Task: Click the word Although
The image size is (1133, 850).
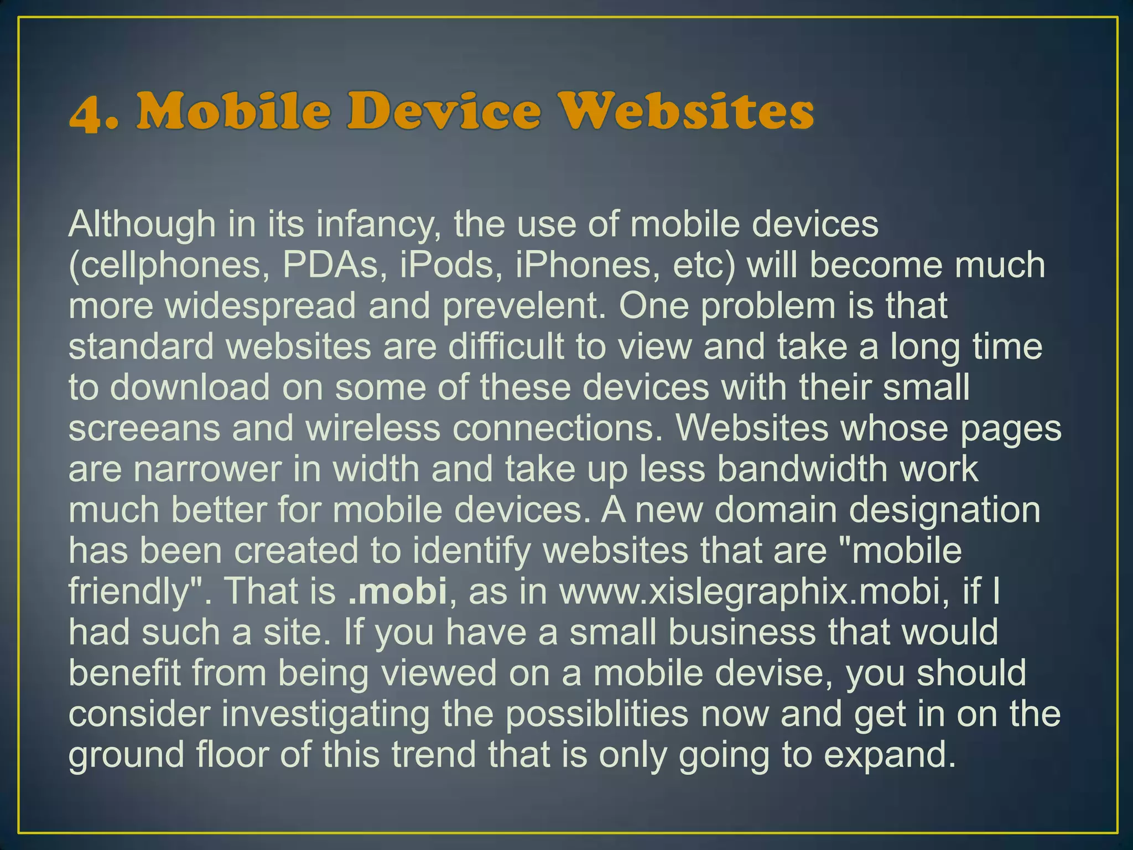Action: point(142,225)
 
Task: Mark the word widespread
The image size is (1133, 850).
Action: point(261,306)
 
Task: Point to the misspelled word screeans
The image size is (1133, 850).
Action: point(144,428)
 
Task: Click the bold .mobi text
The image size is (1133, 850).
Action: point(398,592)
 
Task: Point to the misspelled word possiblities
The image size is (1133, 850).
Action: point(597,714)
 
